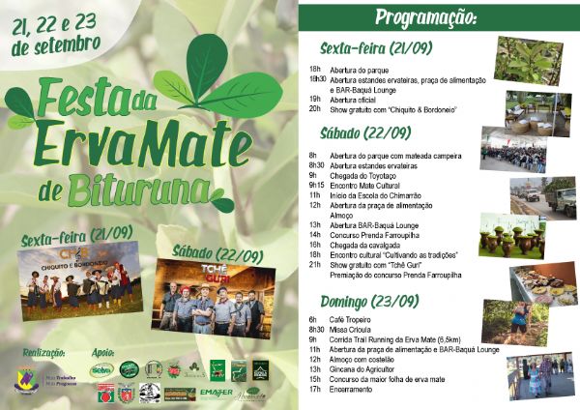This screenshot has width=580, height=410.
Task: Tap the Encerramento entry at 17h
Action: pos(354,390)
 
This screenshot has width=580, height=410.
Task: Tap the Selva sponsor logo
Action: pos(101,369)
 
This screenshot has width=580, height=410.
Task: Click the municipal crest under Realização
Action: pos(22,373)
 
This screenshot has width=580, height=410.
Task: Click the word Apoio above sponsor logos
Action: pos(103,354)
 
